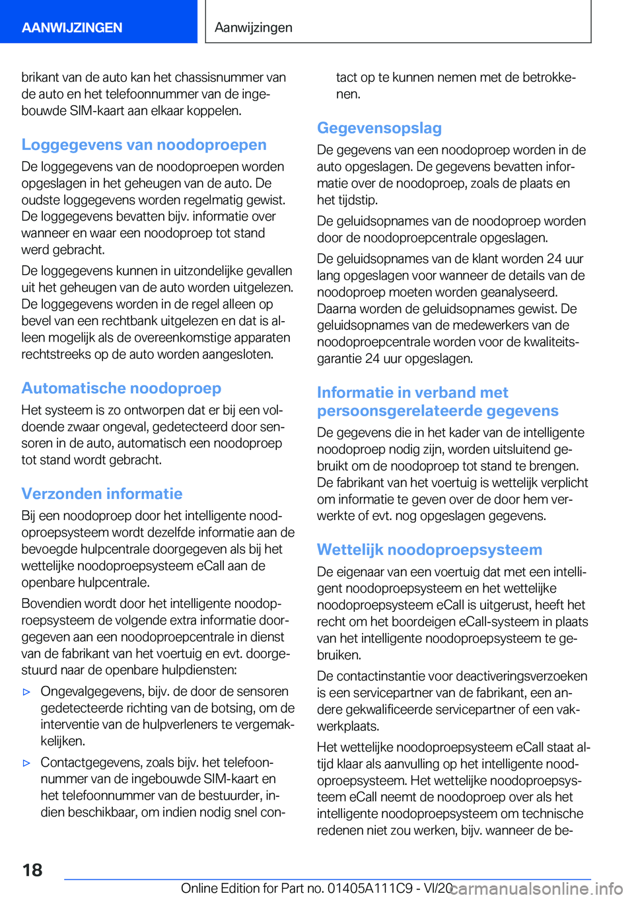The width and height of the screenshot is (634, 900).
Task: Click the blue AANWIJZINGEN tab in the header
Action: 72,27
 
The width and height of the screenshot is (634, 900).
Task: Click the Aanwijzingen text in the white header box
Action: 254,27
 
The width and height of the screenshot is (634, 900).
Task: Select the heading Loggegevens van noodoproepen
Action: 144,145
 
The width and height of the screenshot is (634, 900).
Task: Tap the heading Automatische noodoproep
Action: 121,388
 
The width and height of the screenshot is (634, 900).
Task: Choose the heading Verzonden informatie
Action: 102,494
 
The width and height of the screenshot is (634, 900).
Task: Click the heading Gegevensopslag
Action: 379,128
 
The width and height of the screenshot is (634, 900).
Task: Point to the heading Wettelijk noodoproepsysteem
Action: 429,550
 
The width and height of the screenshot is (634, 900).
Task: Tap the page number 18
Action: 32,870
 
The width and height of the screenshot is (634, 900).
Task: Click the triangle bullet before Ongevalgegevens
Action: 26,692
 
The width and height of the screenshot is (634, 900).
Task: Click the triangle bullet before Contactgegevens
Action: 26,763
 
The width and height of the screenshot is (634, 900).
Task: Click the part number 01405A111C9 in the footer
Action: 369,888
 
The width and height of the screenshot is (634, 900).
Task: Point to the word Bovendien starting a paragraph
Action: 52,603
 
